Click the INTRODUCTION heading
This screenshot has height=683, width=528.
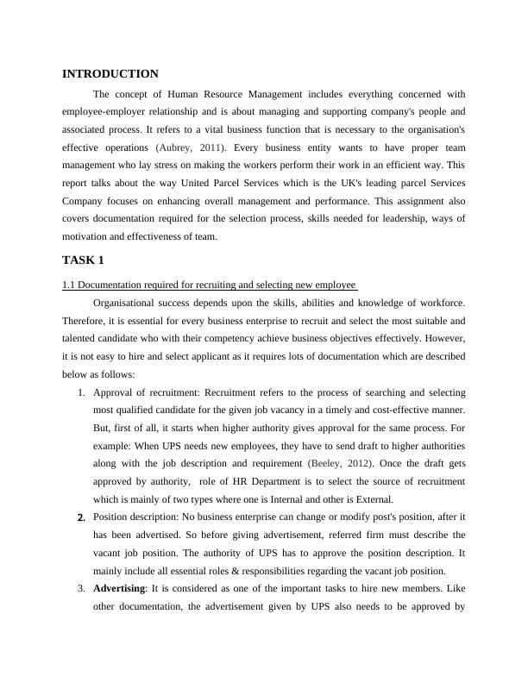tap(110, 74)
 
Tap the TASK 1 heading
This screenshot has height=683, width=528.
tap(83, 260)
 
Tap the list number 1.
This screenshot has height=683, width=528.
tap(79, 392)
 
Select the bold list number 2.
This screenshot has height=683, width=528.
tap(80, 517)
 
